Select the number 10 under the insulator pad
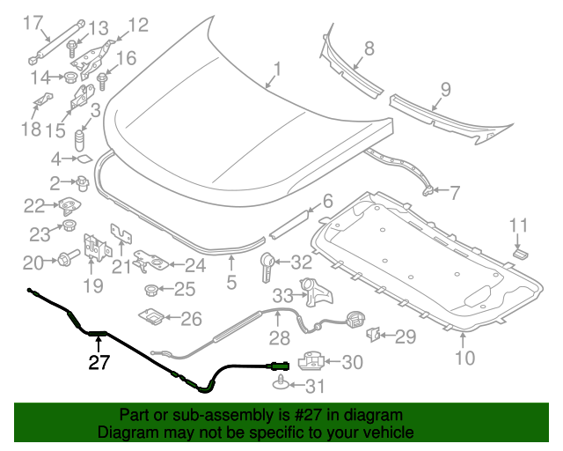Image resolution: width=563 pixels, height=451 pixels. (464, 357)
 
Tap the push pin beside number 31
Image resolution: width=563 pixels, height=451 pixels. (281, 382)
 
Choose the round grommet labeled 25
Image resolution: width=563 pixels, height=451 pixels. (150, 289)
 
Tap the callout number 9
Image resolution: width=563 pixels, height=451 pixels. (445, 89)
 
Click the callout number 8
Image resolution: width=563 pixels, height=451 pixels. (369, 48)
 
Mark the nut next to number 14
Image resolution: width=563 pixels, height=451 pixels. (67, 77)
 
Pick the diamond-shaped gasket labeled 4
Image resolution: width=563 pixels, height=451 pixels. (84, 159)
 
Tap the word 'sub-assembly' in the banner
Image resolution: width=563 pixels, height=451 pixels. (203, 415)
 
